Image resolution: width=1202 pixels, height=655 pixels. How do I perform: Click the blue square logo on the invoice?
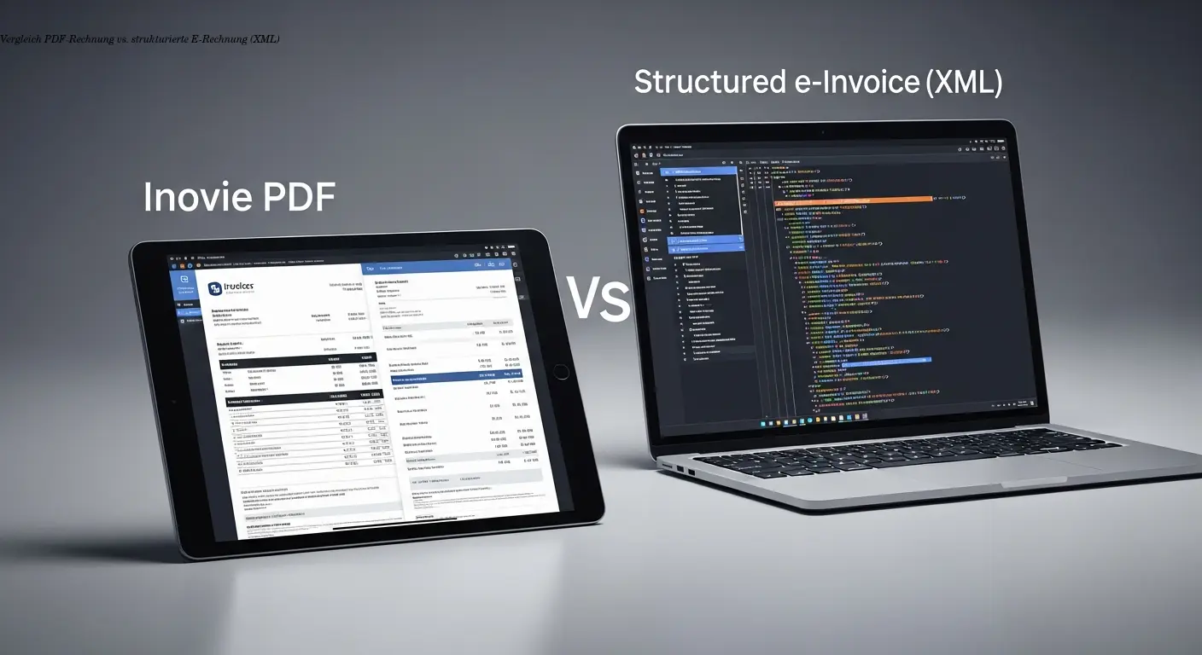[213, 291]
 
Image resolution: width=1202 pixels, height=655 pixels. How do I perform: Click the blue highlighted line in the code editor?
[884, 360]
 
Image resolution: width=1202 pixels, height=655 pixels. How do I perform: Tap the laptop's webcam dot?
[821, 132]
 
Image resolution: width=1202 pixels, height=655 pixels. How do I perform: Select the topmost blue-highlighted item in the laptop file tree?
[705, 171]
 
